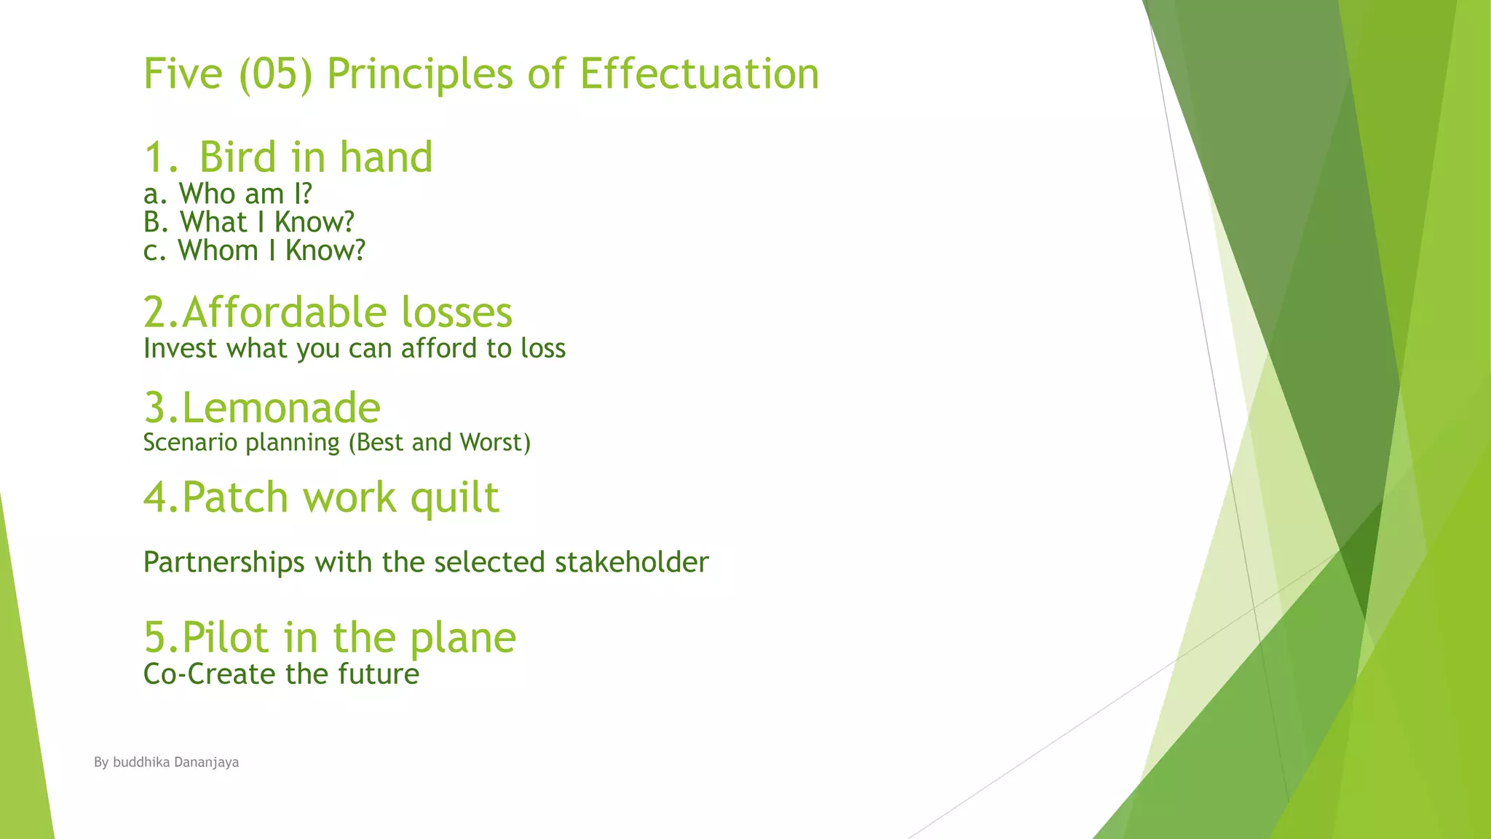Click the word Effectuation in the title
[x=699, y=74]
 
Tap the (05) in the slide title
[x=276, y=74]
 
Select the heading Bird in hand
[x=315, y=157]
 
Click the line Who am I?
[x=228, y=194]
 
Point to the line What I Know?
[x=249, y=222]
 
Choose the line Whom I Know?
[x=254, y=251]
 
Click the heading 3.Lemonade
[x=262, y=407]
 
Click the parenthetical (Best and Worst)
[x=440, y=443]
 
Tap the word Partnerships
[x=224, y=562]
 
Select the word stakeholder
[x=631, y=562]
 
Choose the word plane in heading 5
[x=462, y=637]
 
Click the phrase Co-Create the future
[x=281, y=674]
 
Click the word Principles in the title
[x=420, y=74]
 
